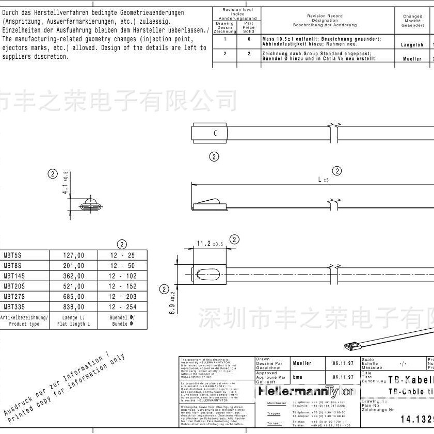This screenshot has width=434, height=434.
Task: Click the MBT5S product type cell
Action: [x=12, y=255]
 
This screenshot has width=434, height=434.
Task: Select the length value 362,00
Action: [x=73, y=276]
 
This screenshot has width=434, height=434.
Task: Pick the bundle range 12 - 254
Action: [x=122, y=307]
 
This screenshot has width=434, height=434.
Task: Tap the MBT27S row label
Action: [x=14, y=296]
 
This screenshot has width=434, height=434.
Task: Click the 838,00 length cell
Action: [x=73, y=307]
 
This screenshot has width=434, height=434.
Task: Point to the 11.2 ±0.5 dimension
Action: [x=209, y=244]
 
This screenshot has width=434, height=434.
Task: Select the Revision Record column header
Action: [x=328, y=20]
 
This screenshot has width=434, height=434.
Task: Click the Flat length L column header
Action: [x=73, y=322]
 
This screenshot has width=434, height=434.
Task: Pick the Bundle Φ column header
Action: [x=122, y=322]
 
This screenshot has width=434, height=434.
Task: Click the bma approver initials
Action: [x=298, y=377]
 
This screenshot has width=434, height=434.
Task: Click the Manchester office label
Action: [x=277, y=404]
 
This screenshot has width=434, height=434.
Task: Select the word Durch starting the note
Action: [x=12, y=12]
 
